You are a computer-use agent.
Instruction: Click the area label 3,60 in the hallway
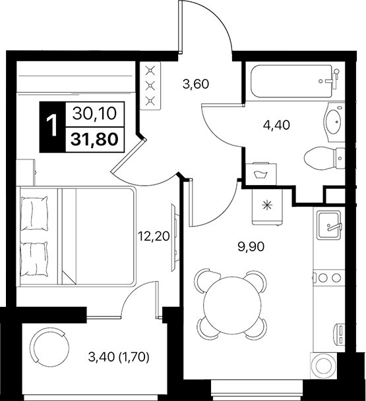[195, 84]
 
